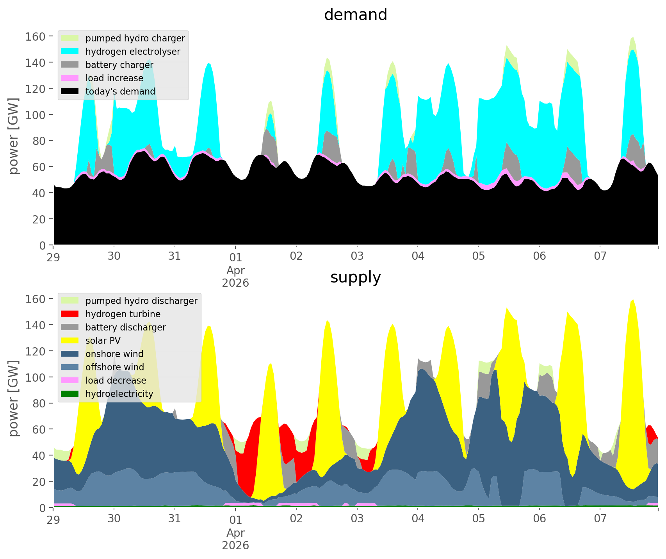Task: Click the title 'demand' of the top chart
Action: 355,15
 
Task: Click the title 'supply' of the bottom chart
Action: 355,277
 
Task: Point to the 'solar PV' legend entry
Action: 103,341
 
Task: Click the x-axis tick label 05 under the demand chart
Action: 478,257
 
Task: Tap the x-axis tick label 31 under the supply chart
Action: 175,519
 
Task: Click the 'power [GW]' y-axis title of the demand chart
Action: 14,136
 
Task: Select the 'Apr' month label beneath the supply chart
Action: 235,533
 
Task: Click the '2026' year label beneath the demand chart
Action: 235,283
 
